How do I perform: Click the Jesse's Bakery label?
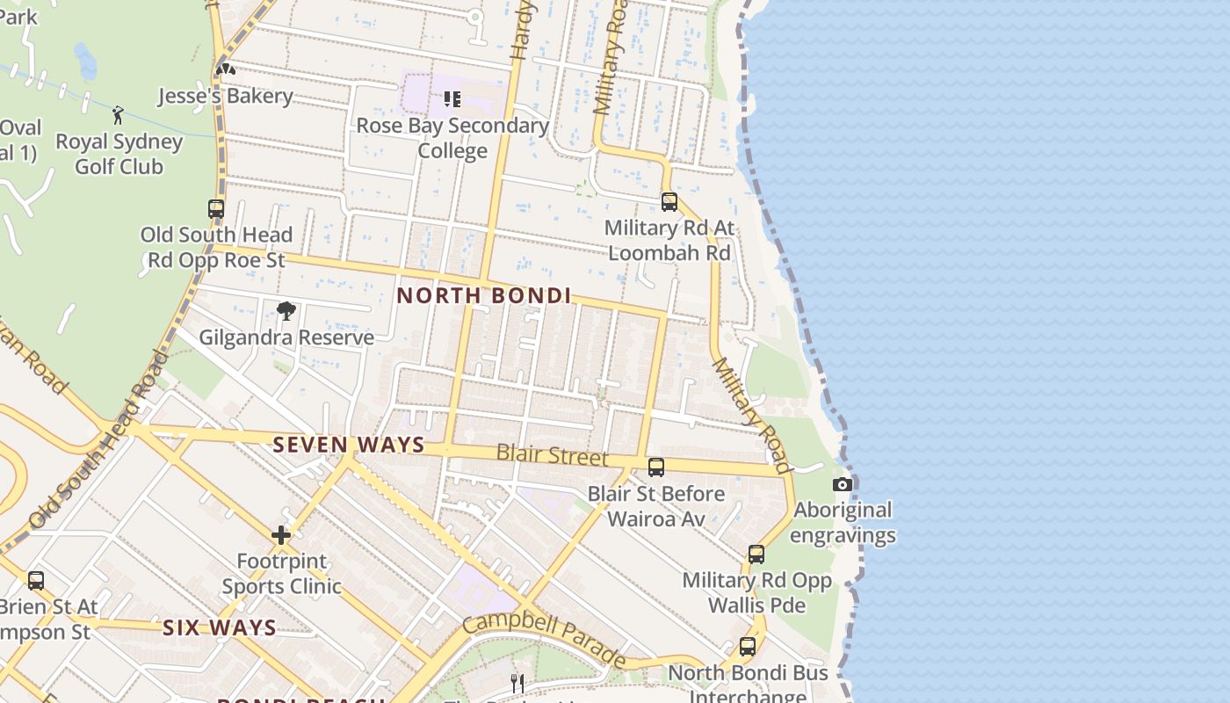pos(225,96)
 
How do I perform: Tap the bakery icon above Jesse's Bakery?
pos(226,69)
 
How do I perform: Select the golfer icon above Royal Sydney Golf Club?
pos(118,115)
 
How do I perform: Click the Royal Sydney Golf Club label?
pos(119,154)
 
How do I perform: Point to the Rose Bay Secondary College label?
pos(452,138)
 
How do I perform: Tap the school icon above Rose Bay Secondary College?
pos(452,99)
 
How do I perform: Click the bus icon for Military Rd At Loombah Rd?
pos(669,202)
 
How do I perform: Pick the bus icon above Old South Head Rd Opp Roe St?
pos(216,209)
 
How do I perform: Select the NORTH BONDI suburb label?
pos(484,296)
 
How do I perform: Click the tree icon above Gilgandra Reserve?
pos(286,310)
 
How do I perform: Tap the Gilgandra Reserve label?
pos(286,337)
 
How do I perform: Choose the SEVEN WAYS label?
pos(349,446)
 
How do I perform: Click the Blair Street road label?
pos(552,455)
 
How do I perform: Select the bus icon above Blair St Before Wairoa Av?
pos(656,467)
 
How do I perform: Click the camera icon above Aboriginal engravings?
pos(843,484)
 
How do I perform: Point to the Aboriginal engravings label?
pos(843,522)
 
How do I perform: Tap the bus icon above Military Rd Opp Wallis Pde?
pos(756,554)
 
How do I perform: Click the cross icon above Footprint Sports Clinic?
pos(281,534)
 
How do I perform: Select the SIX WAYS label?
pos(220,627)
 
